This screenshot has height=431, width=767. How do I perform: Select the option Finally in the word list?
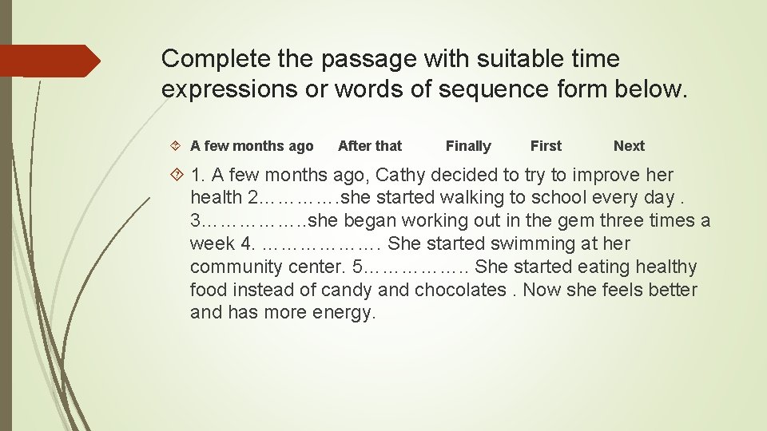click(468, 146)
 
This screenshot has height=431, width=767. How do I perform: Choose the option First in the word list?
click(546, 146)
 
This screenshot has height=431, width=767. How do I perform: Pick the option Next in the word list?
click(629, 146)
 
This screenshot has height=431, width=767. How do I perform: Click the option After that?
click(370, 146)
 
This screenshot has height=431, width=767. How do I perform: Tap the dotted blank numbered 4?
click(324, 244)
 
